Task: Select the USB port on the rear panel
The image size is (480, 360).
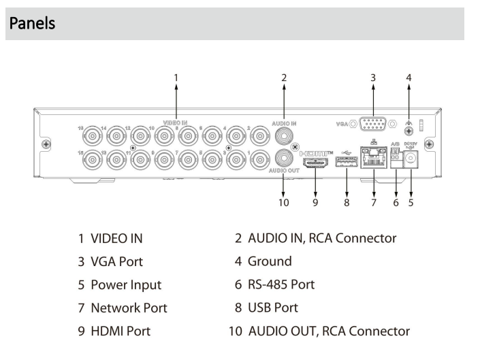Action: [x=345, y=163]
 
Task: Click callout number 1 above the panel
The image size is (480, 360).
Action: [x=176, y=78]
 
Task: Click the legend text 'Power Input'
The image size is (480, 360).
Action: [x=123, y=283]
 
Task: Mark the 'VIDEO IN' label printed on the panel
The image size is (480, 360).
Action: [x=176, y=122]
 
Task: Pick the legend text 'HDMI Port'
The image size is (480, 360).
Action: [x=119, y=331]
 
